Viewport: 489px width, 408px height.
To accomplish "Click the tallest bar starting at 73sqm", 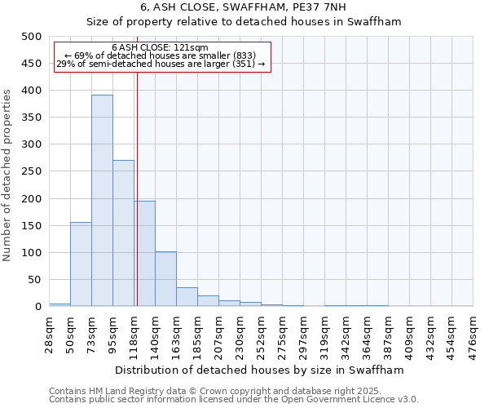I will (102, 201).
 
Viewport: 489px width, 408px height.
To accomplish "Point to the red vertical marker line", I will (137, 188).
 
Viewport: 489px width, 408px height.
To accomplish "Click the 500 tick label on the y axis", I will (31, 37).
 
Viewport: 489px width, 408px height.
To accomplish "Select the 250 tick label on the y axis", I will (31, 171).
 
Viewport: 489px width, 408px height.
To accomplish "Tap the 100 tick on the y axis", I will (31, 253).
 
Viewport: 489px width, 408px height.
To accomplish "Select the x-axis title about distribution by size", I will (261, 370).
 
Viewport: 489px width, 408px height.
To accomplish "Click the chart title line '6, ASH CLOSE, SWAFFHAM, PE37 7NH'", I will (244, 7).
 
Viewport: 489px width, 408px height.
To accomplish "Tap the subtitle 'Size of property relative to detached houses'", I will (244, 21).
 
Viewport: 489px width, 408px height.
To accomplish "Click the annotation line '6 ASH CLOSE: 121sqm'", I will (161, 48).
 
